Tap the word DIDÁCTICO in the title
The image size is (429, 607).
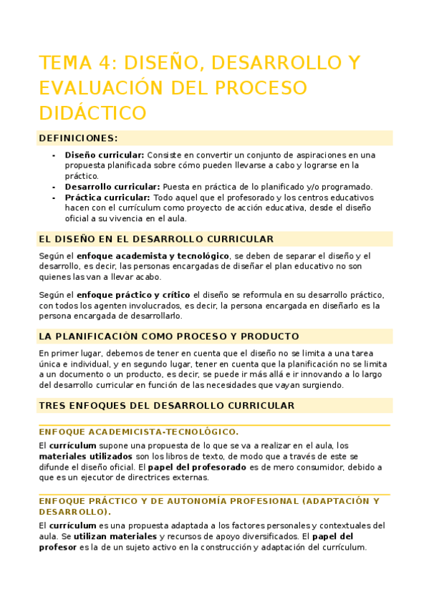(x=92, y=113)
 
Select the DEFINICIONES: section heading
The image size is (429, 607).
(x=78, y=138)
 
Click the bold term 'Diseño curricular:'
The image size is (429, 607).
(x=104, y=155)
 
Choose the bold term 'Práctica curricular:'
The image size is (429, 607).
(x=107, y=198)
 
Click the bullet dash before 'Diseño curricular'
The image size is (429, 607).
(x=54, y=155)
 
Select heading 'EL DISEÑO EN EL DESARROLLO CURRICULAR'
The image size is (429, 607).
(x=155, y=239)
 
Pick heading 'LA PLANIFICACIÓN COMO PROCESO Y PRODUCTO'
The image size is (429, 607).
(x=168, y=336)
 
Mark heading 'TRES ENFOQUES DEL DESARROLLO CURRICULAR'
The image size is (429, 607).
(x=166, y=406)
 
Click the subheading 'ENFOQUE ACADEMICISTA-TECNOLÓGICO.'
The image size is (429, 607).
(x=138, y=432)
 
